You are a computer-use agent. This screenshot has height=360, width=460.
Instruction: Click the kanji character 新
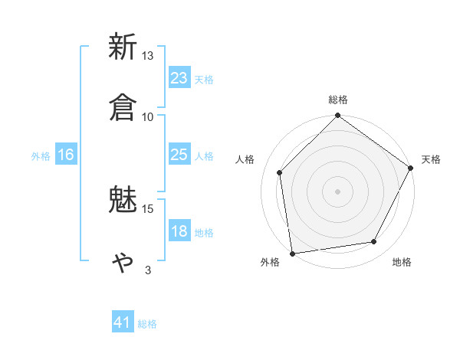pos(123,47)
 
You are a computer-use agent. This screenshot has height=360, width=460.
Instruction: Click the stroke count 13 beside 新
pos(147,56)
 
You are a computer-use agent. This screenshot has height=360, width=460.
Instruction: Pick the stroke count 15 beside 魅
pos(147,208)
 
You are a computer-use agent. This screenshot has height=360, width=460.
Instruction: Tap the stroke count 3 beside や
pos(147,270)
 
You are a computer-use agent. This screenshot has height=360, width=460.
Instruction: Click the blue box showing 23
pos(179,78)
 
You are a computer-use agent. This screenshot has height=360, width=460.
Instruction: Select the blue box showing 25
pos(179,155)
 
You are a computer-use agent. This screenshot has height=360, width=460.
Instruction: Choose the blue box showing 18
pos(179,232)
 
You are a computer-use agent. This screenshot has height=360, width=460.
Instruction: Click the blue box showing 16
pos(66,155)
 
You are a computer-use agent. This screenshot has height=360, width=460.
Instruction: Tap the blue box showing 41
pos(123,323)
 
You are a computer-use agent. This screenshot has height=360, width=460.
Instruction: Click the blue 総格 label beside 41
pos(147,324)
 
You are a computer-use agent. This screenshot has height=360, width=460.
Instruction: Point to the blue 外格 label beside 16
pos(41,156)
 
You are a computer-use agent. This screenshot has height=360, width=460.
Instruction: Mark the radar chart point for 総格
pos(337,116)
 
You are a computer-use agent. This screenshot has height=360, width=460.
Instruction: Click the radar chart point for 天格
pos(411,169)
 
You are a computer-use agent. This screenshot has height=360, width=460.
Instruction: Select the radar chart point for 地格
pos(374,241)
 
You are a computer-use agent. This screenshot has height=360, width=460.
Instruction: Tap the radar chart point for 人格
pos(280,172)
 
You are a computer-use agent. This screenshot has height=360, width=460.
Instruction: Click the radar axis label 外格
pos(271,263)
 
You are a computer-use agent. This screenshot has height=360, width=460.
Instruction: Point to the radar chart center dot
pos(337,191)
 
